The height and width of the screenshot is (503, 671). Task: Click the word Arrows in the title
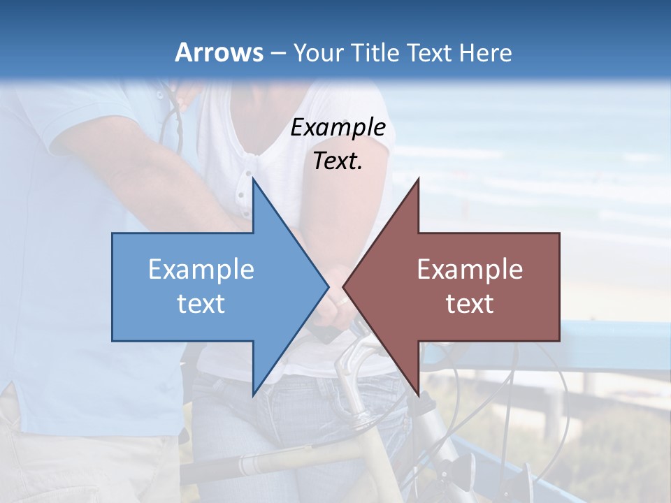[219, 52]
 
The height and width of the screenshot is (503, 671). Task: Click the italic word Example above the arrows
[338, 127]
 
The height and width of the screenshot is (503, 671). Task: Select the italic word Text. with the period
[338, 161]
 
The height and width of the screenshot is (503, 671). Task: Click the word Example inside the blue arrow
[201, 270]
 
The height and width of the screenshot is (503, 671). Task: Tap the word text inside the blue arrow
[201, 304]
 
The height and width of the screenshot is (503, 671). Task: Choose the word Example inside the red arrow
[470, 270]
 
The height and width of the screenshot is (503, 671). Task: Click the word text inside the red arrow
[470, 304]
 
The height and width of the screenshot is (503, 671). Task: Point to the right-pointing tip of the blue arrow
[328, 286]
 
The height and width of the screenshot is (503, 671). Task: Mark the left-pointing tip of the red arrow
[343, 286]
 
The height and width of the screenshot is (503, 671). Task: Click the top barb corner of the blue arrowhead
[253, 179]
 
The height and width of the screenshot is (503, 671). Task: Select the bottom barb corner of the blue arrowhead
[253, 395]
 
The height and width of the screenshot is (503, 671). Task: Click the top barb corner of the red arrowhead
[418, 179]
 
